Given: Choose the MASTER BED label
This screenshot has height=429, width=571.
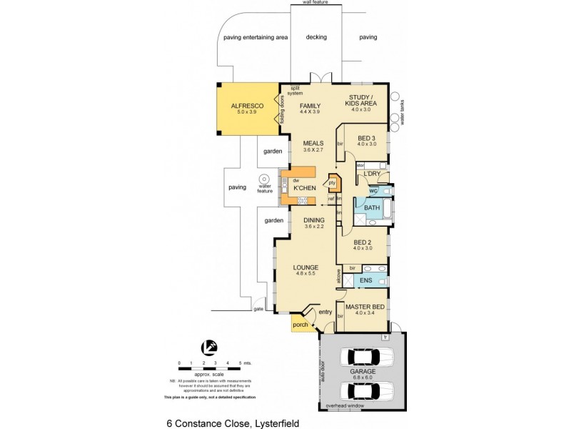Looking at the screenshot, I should tap(365, 307).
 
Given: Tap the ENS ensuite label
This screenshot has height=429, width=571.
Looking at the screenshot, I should tap(365, 281).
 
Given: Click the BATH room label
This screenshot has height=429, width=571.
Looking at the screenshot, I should tap(372, 208).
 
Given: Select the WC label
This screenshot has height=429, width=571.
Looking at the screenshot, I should tap(373, 191).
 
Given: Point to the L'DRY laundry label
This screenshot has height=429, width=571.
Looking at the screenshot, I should tap(371, 174).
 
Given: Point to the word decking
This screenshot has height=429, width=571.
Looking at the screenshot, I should tap(315, 36).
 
